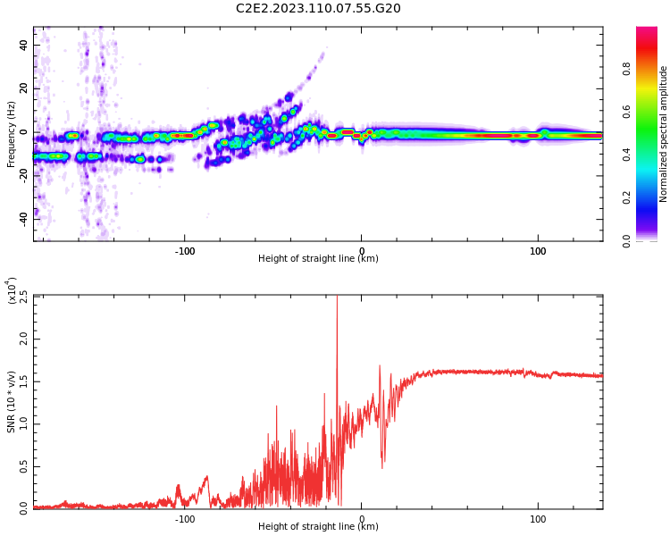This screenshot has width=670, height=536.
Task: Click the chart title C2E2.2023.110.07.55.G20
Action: pyautogui.click(x=318, y=9)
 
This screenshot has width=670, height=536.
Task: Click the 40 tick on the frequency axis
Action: pyautogui.click(x=24, y=45)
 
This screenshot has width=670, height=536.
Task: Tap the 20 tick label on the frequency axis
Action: pyautogui.click(x=24, y=88)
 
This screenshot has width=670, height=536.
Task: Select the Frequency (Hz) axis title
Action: pyautogui.click(x=12, y=134)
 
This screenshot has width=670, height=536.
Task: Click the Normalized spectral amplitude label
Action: pyautogui.click(x=664, y=134)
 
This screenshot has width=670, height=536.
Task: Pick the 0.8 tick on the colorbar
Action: pyautogui.click(x=650, y=68)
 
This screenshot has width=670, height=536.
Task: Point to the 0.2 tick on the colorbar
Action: pyautogui.click(x=650, y=198)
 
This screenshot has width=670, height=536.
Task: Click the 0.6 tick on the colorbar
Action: pyautogui.click(x=650, y=112)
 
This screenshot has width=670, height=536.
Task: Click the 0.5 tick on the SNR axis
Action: pyautogui.click(x=24, y=466)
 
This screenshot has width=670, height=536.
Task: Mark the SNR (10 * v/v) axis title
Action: pyautogui.click(x=12, y=402)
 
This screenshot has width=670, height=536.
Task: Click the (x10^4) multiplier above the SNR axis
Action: pyautogui.click(x=13, y=291)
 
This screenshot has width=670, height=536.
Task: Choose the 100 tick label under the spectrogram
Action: pyautogui.click(x=538, y=251)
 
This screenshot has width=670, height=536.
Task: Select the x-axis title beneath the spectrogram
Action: pyautogui.click(x=318, y=259)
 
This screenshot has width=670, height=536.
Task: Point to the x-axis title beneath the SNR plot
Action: pyautogui.click(x=318, y=527)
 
